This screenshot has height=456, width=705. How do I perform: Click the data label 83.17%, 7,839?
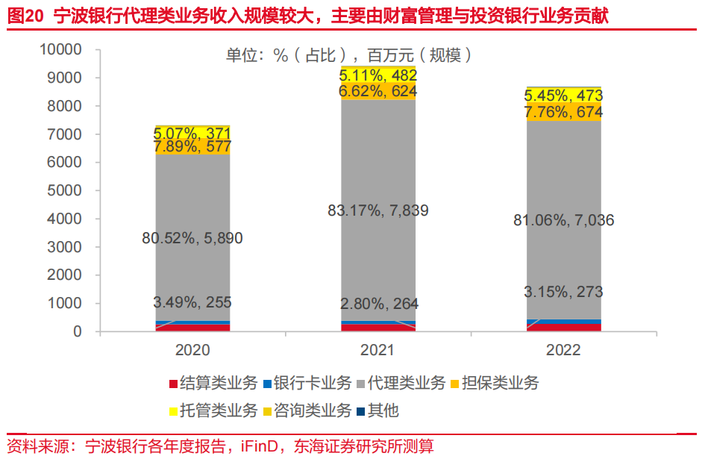coord(378,210)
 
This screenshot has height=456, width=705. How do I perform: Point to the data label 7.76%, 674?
coord(563,112)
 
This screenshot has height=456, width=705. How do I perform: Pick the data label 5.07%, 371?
coord(192,133)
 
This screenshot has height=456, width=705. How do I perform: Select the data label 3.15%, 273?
coord(563,292)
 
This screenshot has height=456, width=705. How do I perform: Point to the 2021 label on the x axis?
coord(378,350)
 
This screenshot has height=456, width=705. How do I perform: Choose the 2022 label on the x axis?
coord(563,350)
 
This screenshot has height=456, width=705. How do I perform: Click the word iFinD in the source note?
coord(259,446)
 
